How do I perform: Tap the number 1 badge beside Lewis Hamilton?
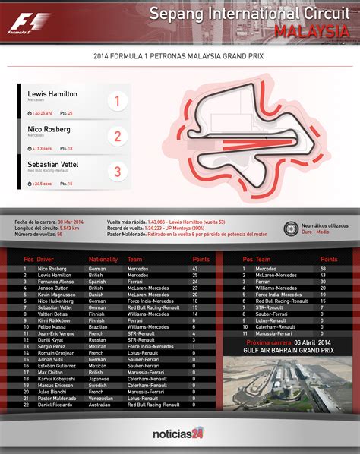pyautogui.click(x=117, y=101)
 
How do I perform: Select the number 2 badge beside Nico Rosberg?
pyautogui.click(x=117, y=137)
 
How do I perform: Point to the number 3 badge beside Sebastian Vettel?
pyautogui.click(x=117, y=172)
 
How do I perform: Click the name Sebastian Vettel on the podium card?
pyautogui.click(x=52, y=164)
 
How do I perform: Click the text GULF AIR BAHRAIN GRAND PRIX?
pyautogui.click(x=282, y=351)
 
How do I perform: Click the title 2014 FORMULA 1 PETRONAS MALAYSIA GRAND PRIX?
pyautogui.click(x=178, y=56)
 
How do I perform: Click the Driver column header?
pyautogui.click(x=47, y=260)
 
